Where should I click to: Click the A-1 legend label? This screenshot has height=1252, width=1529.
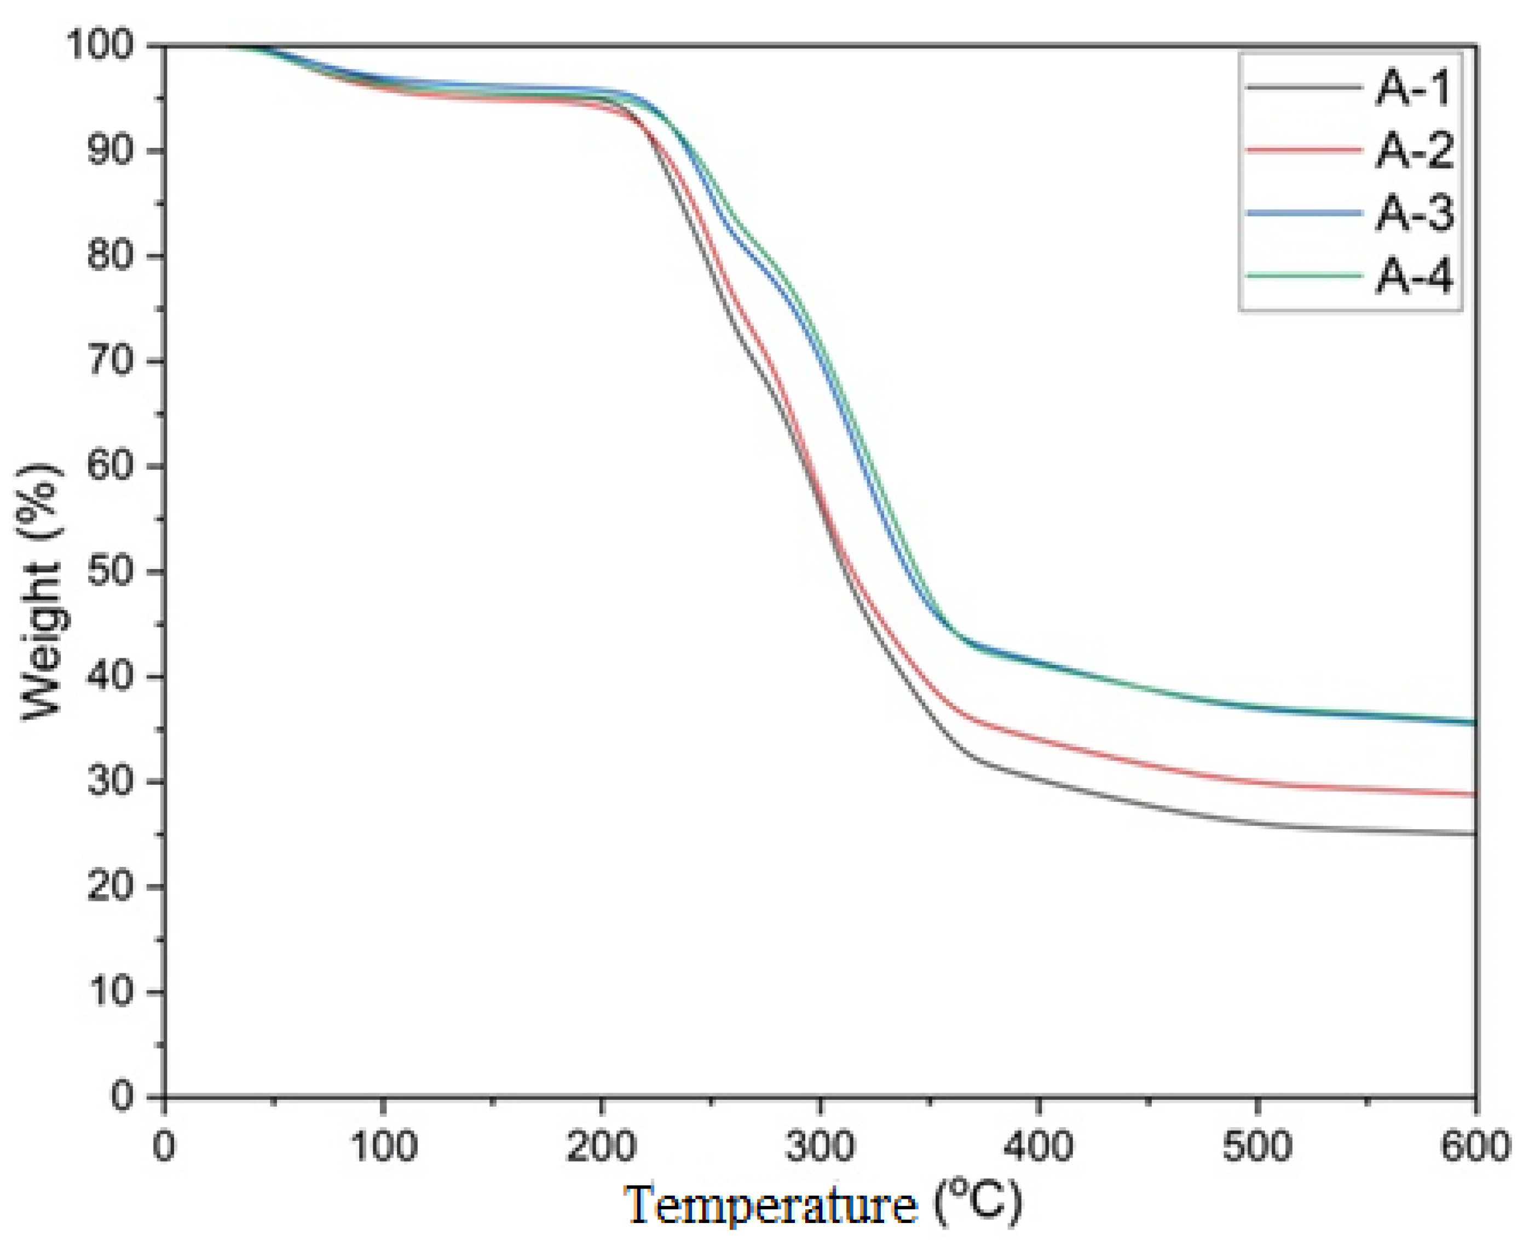pos(1413,90)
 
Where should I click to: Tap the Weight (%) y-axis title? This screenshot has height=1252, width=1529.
pos(39,591)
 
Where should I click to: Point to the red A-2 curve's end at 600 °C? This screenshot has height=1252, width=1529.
pos(1475,794)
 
